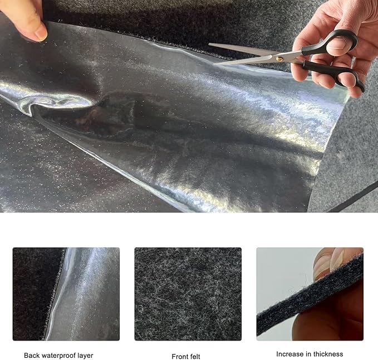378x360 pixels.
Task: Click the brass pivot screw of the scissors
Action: [x=279, y=59]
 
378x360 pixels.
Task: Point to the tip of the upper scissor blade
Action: [x=209, y=44]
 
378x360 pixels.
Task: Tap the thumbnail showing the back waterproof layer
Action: [x=66, y=294]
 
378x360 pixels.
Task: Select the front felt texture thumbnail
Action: [x=188, y=294]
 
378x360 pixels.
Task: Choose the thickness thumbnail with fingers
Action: [x=310, y=294]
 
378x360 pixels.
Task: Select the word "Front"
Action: [x=179, y=357]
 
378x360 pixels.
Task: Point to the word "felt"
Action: [x=194, y=357]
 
